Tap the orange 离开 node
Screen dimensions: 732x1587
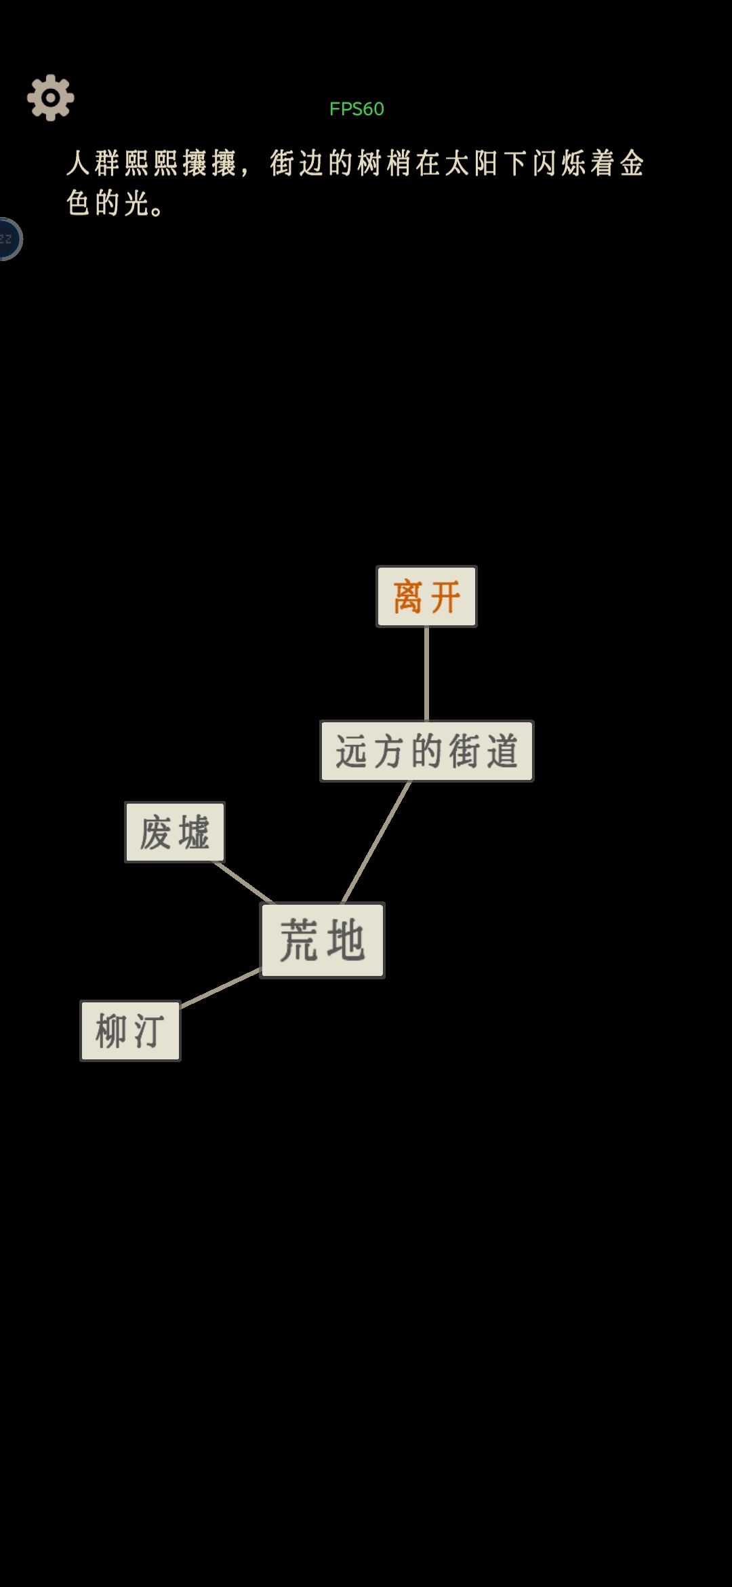click(426, 596)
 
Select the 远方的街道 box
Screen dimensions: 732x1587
click(426, 751)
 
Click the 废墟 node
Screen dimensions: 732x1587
click(175, 832)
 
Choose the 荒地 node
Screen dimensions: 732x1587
click(323, 940)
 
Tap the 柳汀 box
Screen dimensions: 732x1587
click(130, 1031)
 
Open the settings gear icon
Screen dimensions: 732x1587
click(51, 98)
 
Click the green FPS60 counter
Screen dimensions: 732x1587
click(357, 109)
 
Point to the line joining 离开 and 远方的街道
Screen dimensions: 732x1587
click(426, 673)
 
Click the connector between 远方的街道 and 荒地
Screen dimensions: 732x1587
click(376, 842)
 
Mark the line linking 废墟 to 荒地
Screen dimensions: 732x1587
click(244, 883)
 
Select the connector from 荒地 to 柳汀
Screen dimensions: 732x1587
click(220, 987)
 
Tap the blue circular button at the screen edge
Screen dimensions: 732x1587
click(9, 239)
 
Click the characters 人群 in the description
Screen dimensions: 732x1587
click(94, 163)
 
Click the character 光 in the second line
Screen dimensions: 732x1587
click(136, 203)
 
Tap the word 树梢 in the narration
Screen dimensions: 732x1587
click(384, 163)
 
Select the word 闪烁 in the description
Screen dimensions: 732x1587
click(559, 163)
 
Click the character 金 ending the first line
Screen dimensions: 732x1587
click(632, 163)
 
